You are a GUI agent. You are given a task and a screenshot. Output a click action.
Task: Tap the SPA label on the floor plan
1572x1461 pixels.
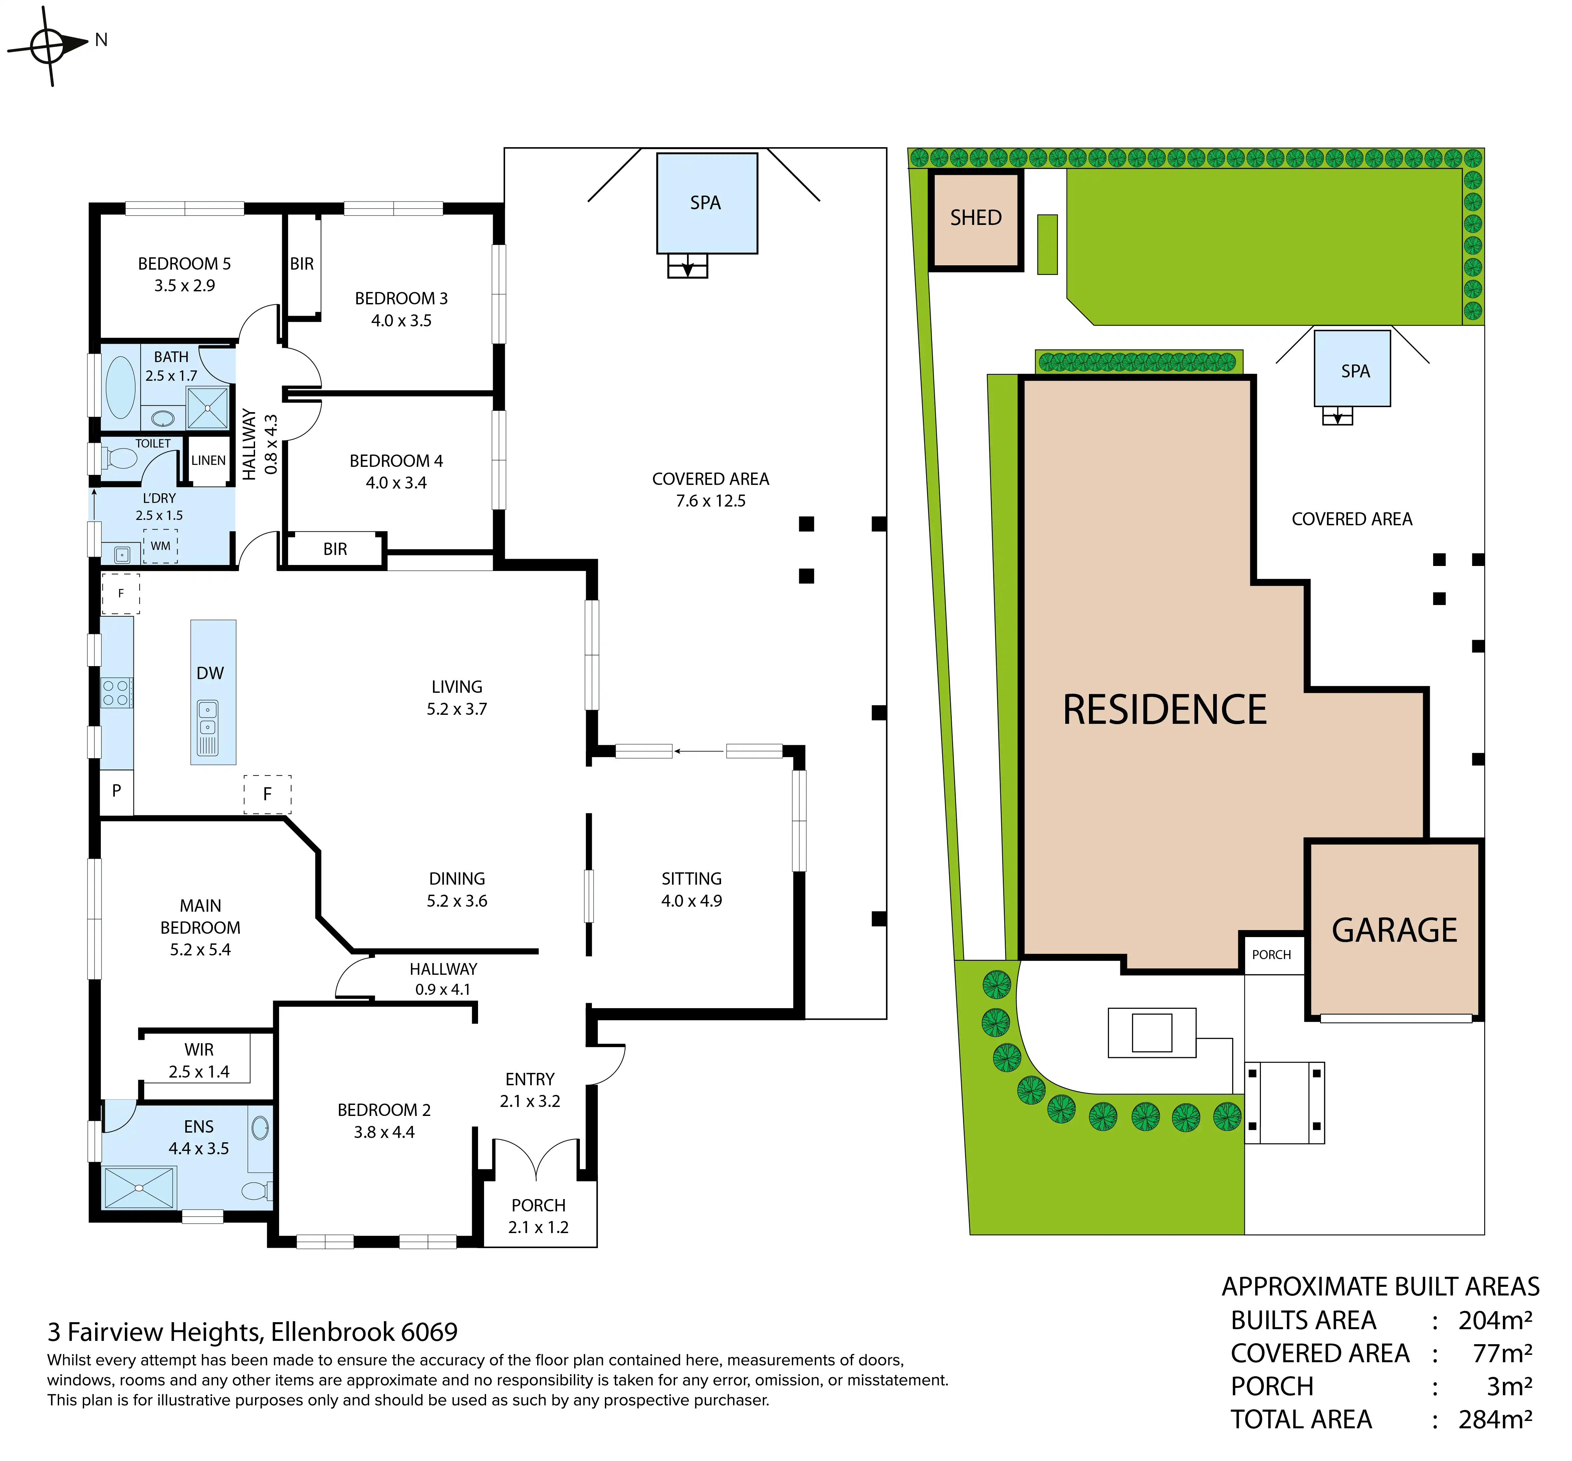[705, 203]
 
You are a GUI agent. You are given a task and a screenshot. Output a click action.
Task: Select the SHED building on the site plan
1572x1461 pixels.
[976, 220]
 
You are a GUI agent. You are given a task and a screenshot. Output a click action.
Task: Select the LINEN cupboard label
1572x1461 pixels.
[209, 460]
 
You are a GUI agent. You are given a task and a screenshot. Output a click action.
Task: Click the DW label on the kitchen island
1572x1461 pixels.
[210, 673]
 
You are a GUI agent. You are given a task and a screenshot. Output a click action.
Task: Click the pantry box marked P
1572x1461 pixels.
[116, 791]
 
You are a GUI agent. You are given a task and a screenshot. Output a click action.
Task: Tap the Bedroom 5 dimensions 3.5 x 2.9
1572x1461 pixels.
[184, 285]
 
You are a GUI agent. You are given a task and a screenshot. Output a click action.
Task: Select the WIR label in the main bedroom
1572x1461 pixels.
[199, 1050]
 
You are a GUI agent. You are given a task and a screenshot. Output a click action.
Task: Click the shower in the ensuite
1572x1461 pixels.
[139, 1187]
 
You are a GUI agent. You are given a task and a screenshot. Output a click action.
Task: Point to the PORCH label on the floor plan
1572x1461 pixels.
[538, 1206]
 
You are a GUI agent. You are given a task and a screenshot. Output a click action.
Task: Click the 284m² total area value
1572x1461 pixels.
[1495, 1420]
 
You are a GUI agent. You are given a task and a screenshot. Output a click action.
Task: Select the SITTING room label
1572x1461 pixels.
[692, 879]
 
